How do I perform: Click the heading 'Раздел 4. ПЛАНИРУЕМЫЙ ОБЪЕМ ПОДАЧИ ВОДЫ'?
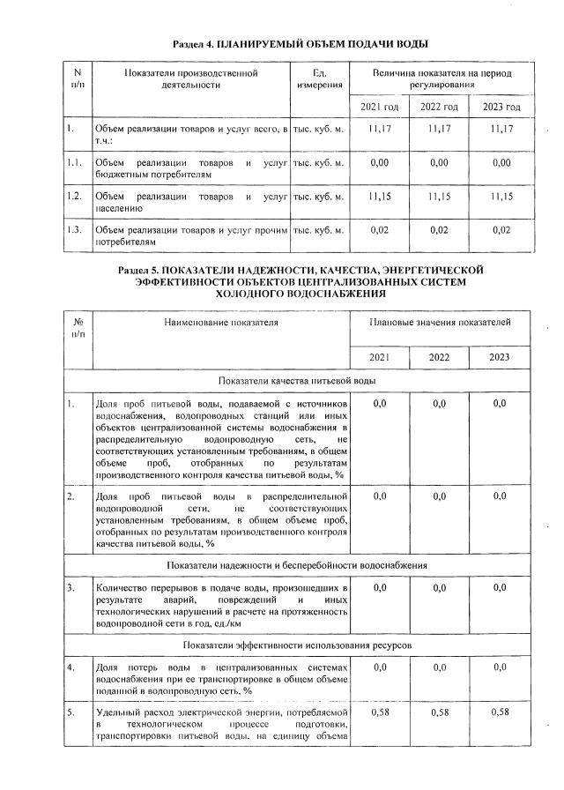(300, 42)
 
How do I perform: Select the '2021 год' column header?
(380, 107)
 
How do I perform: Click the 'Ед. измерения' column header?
(319, 78)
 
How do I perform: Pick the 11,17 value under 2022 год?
(439, 130)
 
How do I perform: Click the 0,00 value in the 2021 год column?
(380, 163)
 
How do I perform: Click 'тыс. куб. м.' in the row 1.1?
(318, 163)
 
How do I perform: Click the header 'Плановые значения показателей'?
(440, 324)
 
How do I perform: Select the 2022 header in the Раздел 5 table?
(439, 357)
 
